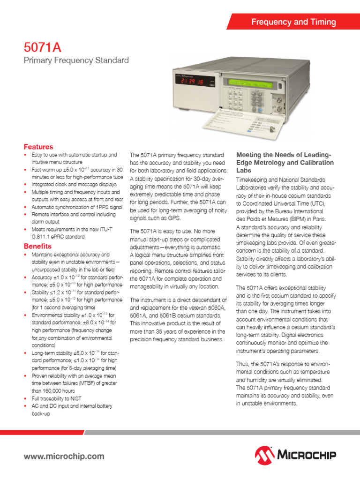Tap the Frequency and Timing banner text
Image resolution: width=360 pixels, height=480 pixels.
pyautogui.click(x=293, y=22)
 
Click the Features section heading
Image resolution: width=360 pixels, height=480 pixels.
pyautogui.click(x=38, y=147)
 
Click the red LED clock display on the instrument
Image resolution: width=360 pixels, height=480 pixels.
pyautogui.click(x=193, y=82)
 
